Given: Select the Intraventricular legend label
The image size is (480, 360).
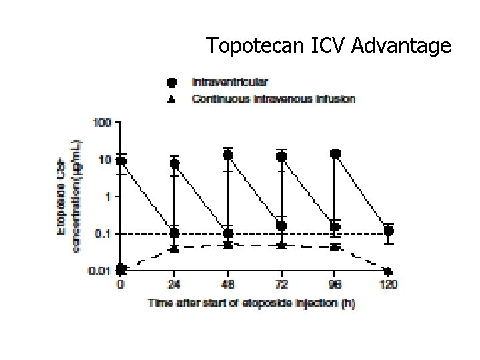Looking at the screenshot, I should [x=230, y=83].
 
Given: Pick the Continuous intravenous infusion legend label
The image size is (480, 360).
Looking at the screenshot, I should [x=274, y=99].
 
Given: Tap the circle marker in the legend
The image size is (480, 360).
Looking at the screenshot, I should [x=172, y=83].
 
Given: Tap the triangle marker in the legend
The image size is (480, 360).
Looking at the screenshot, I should [x=172, y=99].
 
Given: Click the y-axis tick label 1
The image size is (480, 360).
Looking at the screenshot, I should [x=109, y=197].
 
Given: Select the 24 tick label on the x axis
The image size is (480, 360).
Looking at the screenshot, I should [x=174, y=285].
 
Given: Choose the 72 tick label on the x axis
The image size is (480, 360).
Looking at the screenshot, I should [x=281, y=285].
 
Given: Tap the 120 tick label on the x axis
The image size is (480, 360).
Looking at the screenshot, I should [x=389, y=285].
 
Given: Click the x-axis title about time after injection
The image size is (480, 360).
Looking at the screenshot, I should [x=251, y=303].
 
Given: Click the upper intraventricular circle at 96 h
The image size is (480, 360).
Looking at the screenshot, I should [x=335, y=154].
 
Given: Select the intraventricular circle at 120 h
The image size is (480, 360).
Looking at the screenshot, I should [x=389, y=231].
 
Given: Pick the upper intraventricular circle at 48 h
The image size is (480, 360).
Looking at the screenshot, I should [x=228, y=155].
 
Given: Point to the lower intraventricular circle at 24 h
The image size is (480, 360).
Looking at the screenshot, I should [x=174, y=233].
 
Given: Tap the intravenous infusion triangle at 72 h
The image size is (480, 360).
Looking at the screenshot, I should [x=281, y=245].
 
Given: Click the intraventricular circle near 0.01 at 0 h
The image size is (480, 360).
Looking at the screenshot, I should [x=121, y=269].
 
